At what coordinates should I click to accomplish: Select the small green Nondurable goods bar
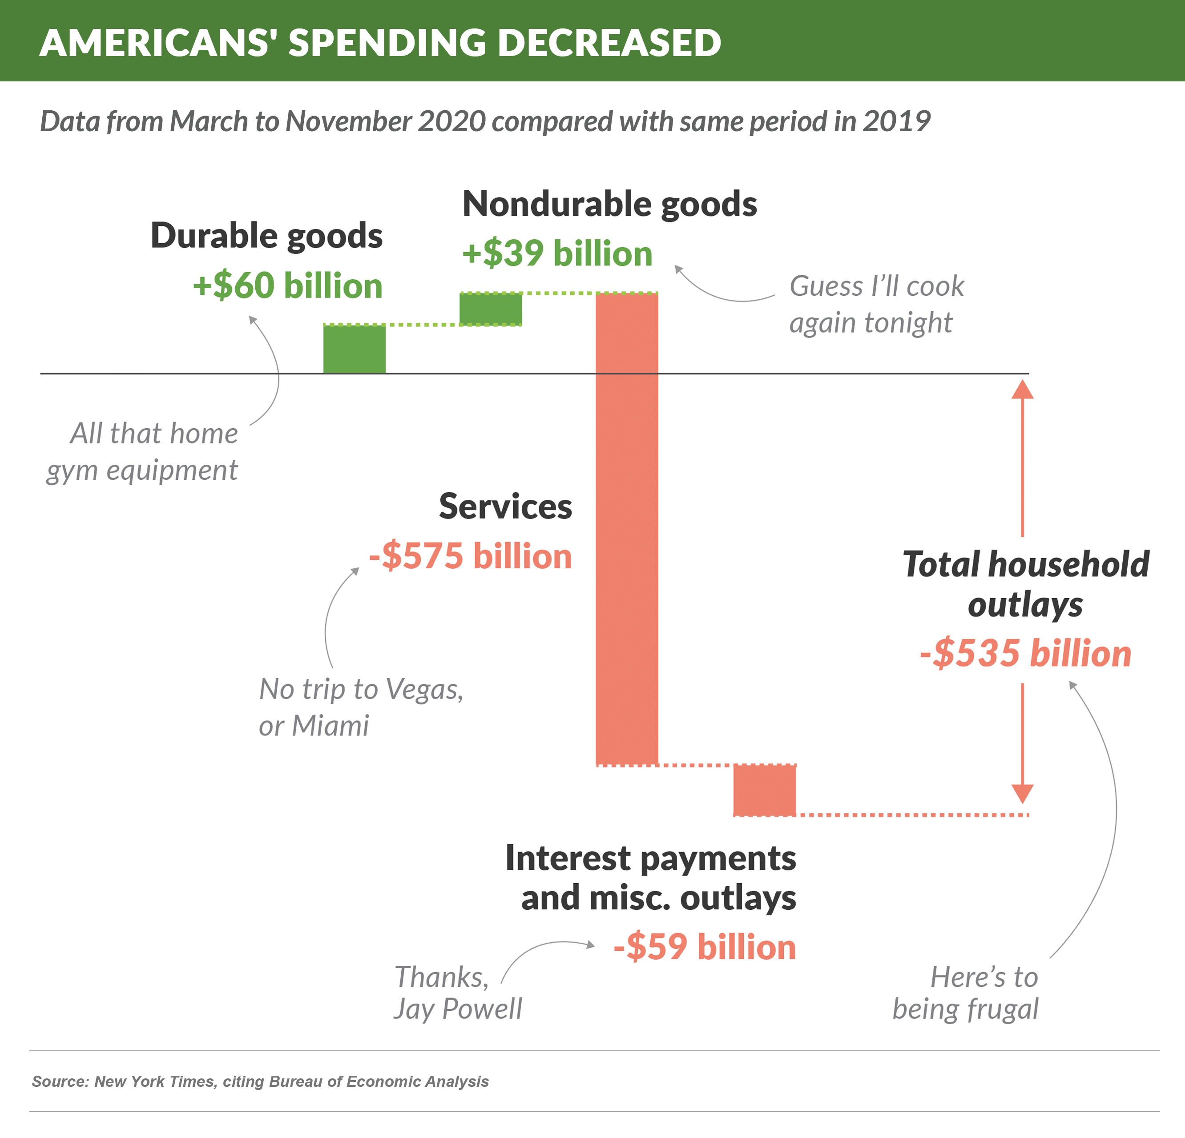pyautogui.click(x=490, y=309)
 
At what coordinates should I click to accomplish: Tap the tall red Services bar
pyautogui.click(x=626, y=529)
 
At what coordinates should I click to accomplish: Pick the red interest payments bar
pyautogui.click(x=764, y=789)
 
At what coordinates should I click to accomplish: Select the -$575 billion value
pyautogui.click(x=470, y=555)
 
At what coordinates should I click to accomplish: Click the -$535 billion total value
pyautogui.click(x=1025, y=653)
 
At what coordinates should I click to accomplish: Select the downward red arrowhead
pyautogui.click(x=1022, y=793)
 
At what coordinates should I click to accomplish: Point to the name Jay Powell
pyautogui.click(x=458, y=1009)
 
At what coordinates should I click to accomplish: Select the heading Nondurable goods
pyautogui.click(x=609, y=204)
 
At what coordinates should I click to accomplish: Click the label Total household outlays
pyautogui.click(x=1025, y=584)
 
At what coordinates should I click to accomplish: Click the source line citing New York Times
pyautogui.click(x=260, y=1081)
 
